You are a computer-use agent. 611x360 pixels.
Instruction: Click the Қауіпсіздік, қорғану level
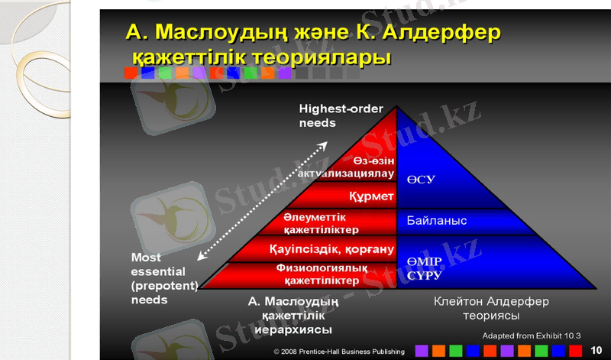331,249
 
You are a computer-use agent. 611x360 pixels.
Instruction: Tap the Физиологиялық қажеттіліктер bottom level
316,274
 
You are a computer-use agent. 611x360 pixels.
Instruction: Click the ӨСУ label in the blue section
421,180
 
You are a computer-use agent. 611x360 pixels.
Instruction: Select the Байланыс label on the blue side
436,221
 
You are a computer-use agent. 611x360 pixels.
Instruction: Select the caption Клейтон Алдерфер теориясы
491,308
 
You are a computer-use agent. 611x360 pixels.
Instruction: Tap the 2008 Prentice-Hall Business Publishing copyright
339,352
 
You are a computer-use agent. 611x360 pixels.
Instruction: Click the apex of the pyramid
396,109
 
